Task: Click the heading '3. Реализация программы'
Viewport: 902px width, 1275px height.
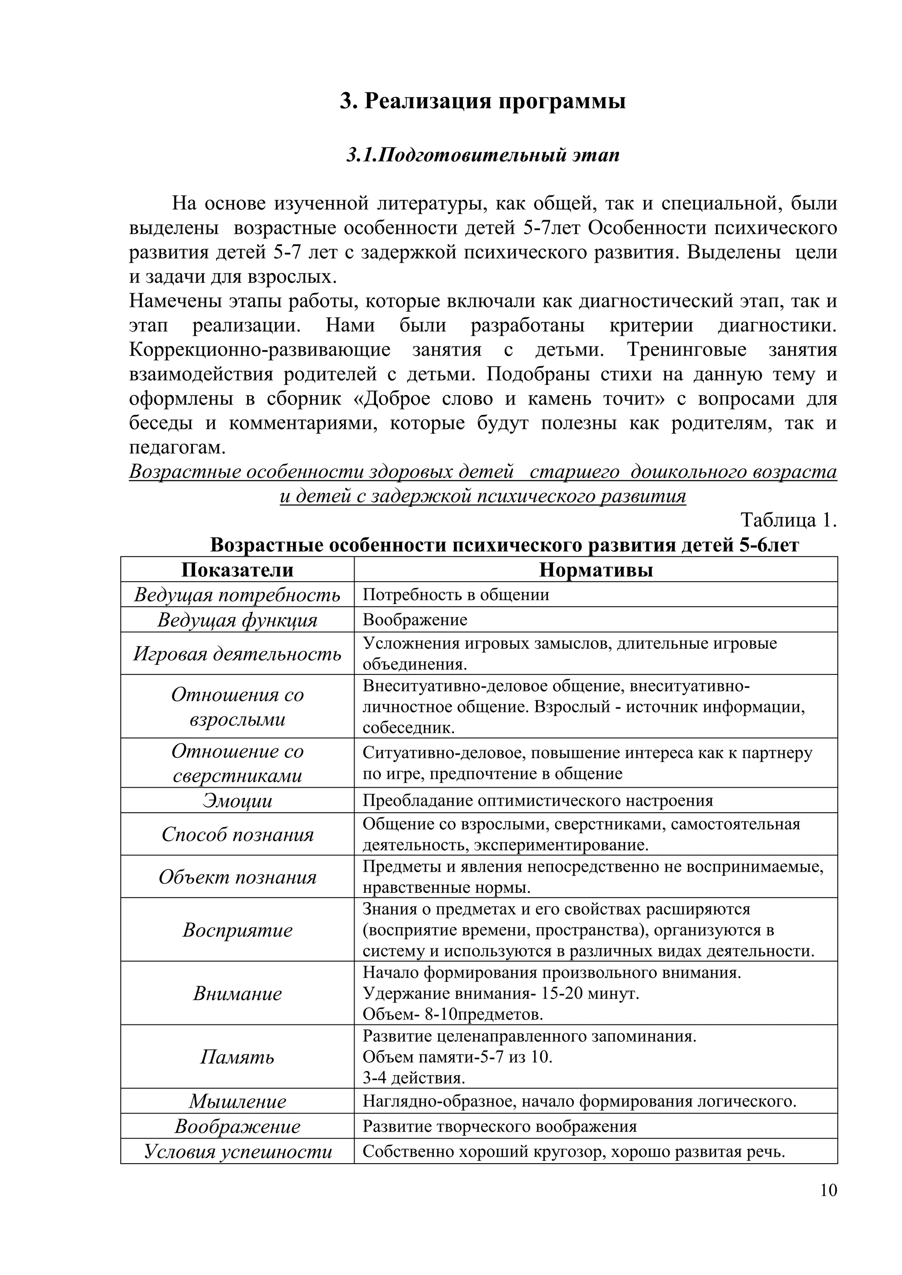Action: pos(483,102)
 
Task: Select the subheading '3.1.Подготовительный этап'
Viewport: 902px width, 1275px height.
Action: pos(483,155)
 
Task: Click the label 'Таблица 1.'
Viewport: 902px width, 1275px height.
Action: pos(788,520)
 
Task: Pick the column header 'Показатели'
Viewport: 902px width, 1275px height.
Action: pos(237,570)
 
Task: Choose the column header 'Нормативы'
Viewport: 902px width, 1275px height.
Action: pos(595,570)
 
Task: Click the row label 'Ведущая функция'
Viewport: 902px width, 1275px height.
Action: pos(237,620)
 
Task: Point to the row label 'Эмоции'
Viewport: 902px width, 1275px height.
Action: pos(237,801)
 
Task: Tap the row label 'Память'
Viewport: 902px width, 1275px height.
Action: pos(237,1057)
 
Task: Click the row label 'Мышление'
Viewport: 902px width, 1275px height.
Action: pos(237,1101)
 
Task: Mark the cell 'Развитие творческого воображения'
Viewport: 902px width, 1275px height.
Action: pos(499,1126)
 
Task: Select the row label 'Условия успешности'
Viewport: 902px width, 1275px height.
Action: pos(237,1151)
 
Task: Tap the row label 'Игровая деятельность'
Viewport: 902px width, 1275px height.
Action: pos(237,654)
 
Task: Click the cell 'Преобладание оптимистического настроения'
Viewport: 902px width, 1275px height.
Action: pos(538,801)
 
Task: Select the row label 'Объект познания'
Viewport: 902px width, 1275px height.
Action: pos(237,877)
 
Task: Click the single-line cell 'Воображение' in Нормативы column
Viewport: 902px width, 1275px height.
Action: pos(415,620)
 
